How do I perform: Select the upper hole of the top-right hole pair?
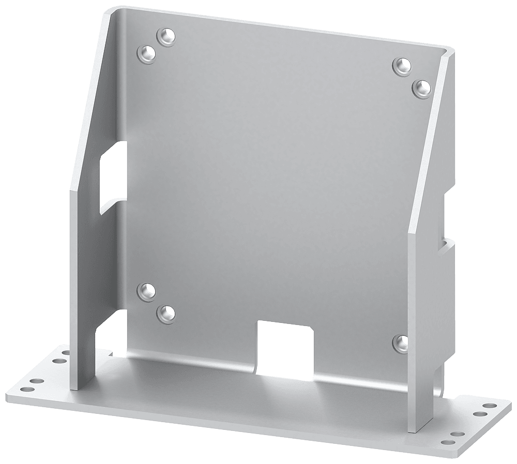[401, 65]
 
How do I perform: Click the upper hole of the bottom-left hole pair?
[147, 290]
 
